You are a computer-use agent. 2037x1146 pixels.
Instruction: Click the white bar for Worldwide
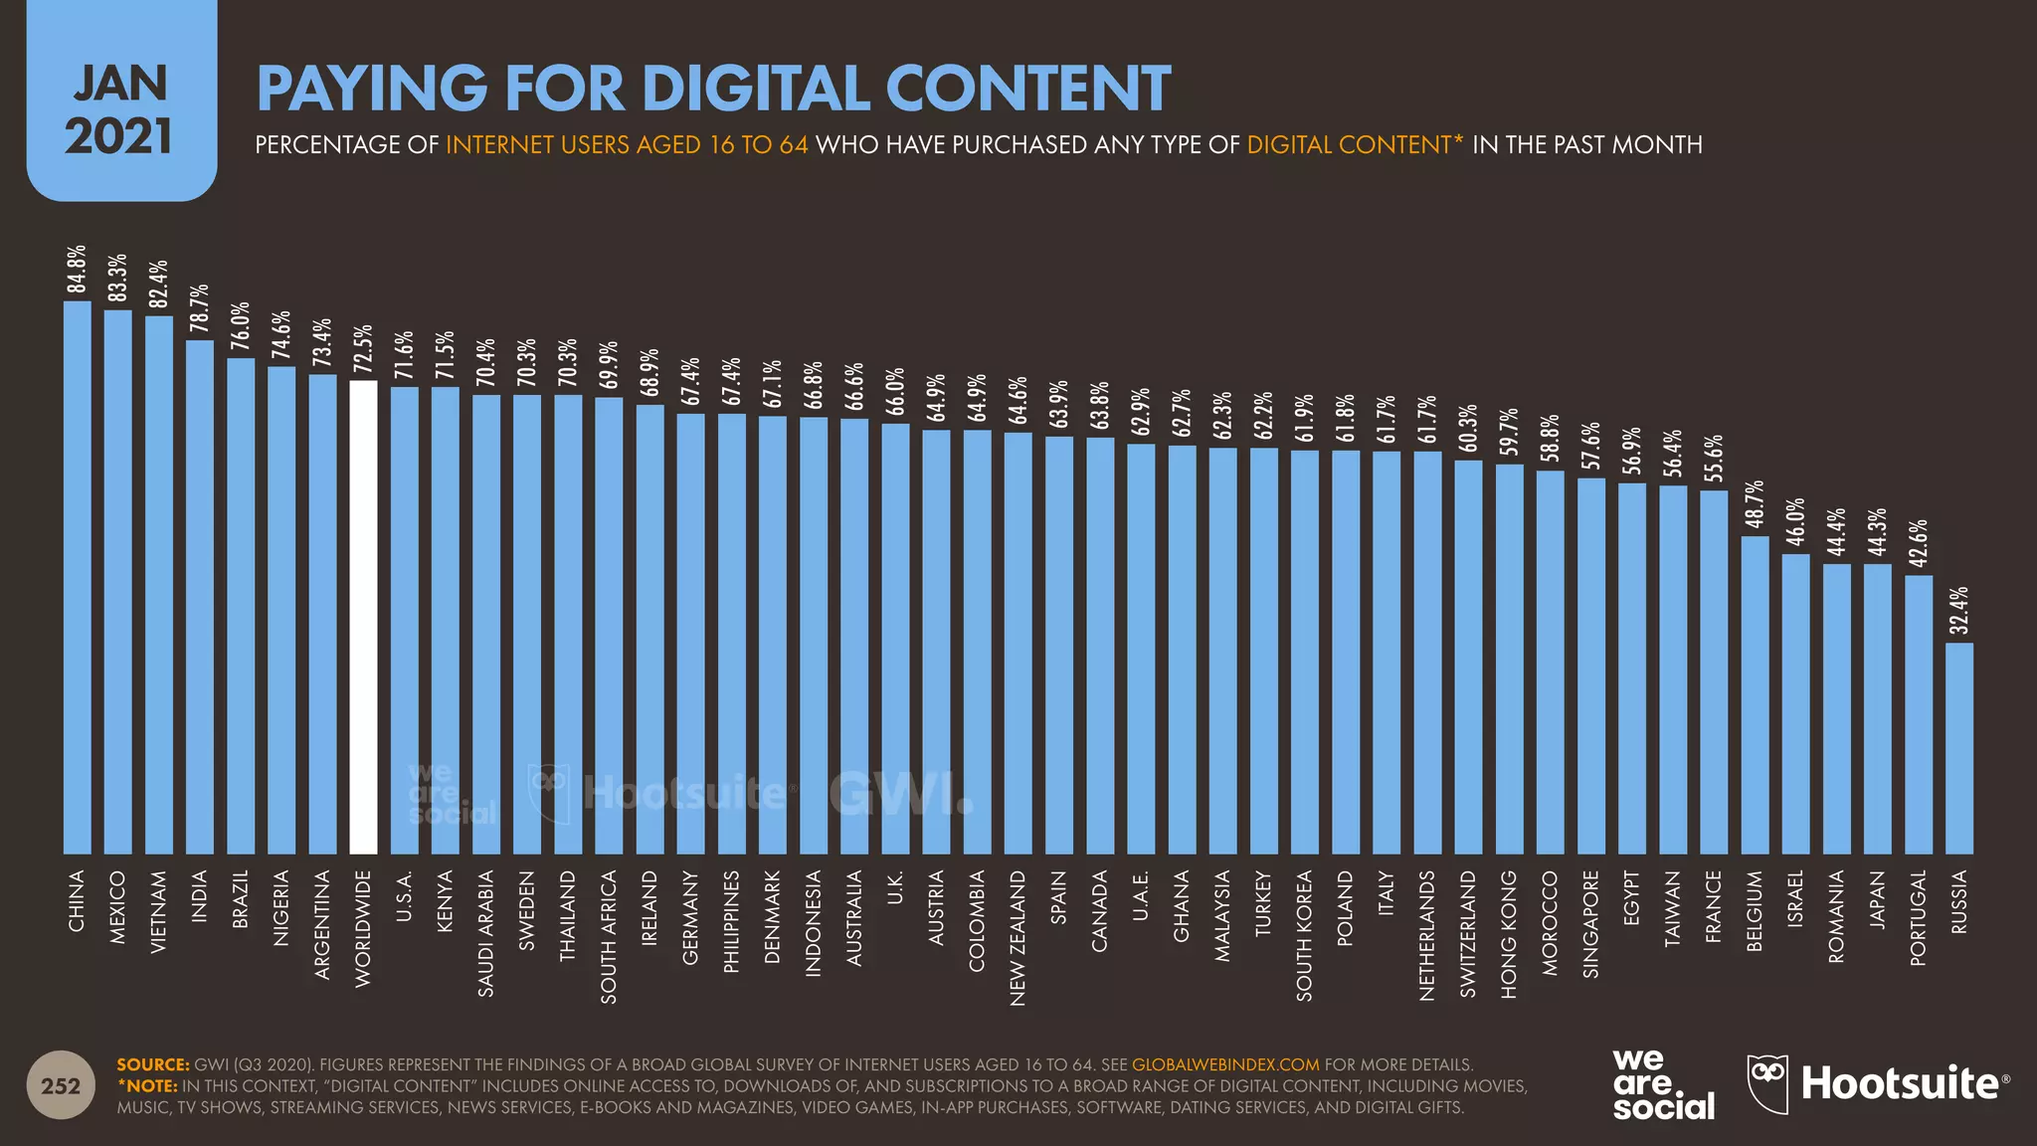click(363, 617)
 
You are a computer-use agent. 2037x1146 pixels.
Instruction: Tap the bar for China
click(78, 577)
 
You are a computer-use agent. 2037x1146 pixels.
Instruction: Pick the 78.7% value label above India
click(199, 309)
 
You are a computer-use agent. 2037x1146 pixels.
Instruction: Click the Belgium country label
click(1755, 911)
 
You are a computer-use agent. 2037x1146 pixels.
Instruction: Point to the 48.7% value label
click(1755, 504)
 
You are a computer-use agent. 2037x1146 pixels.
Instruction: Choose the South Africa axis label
click(609, 936)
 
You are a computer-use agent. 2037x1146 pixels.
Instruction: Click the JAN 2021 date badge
click(121, 109)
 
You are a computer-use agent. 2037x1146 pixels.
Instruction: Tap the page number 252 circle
click(61, 1085)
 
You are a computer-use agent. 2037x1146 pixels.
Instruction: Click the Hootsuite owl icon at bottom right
click(1767, 1083)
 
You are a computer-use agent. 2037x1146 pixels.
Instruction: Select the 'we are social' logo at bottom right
click(1663, 1085)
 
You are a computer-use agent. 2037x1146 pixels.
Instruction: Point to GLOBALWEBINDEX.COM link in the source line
click(1225, 1064)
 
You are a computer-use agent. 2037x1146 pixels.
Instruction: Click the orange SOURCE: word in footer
click(152, 1064)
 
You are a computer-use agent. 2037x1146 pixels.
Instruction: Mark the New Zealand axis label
click(1018, 938)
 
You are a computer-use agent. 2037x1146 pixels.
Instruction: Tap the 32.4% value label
click(1958, 611)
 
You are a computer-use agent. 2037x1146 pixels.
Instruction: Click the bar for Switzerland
click(1468, 657)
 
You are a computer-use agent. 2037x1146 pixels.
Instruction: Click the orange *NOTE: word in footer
click(147, 1085)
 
